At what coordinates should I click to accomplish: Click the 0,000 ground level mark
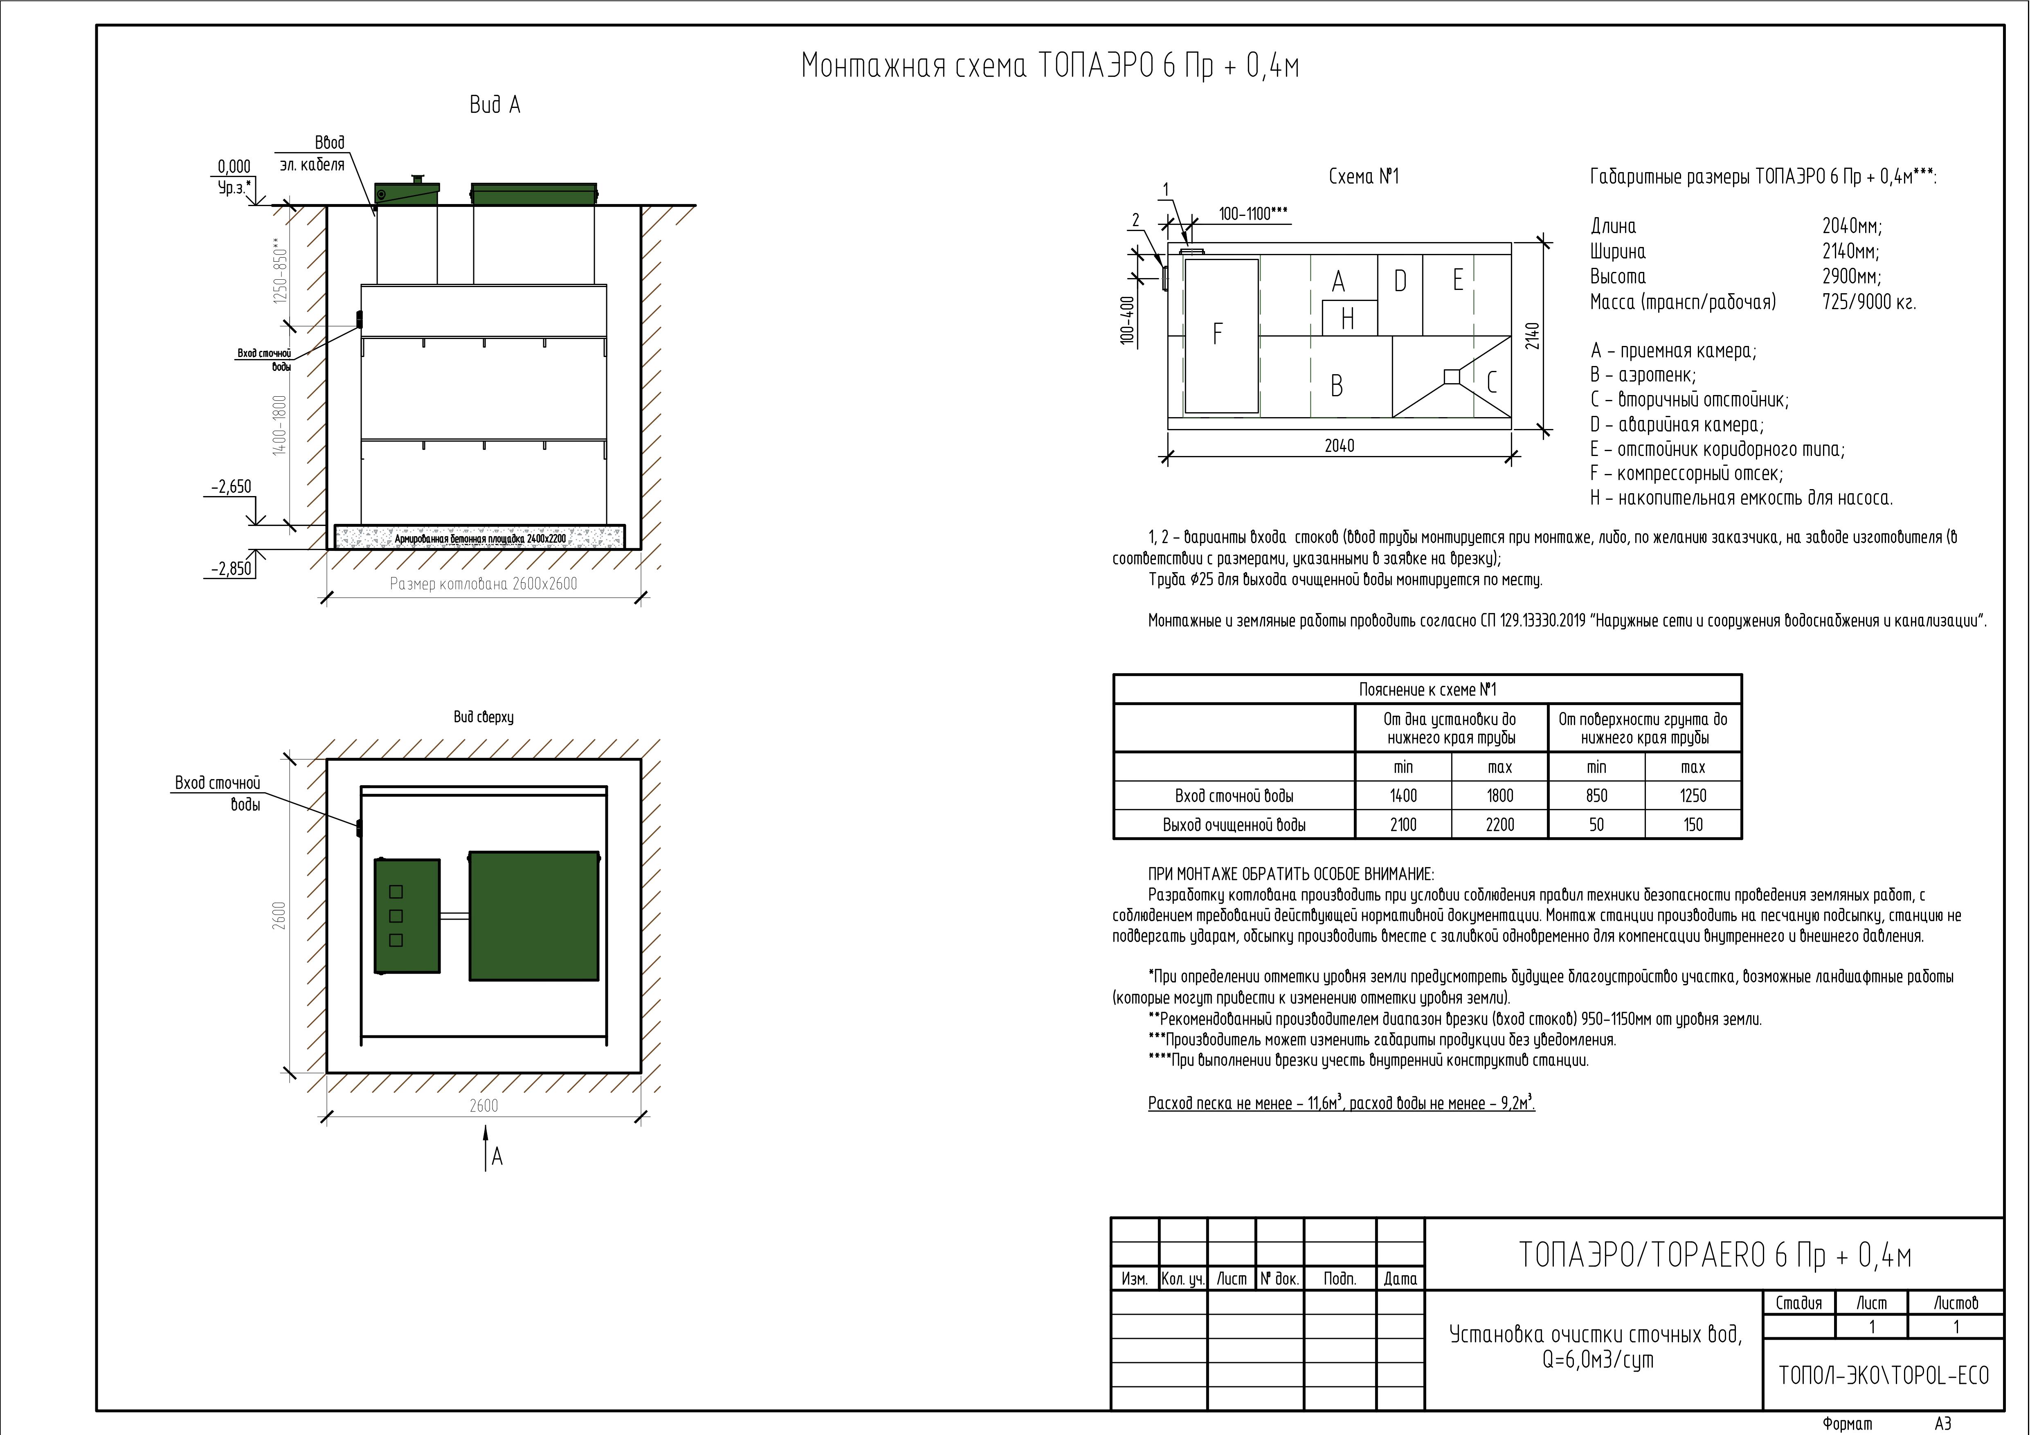[x=234, y=166]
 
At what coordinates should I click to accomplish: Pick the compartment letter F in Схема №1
[x=1218, y=334]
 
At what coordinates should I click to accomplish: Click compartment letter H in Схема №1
[x=1347, y=318]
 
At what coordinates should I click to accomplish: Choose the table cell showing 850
[x=1597, y=796]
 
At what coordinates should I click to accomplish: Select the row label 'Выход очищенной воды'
[x=1234, y=825]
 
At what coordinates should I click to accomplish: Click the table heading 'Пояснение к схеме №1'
[x=1427, y=689]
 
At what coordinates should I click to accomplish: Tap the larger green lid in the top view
[x=534, y=916]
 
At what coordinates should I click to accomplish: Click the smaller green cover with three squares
[x=407, y=916]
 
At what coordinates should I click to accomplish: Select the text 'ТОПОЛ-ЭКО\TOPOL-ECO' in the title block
[x=1883, y=1376]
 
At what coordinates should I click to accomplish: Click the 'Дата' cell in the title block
[x=1401, y=1278]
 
